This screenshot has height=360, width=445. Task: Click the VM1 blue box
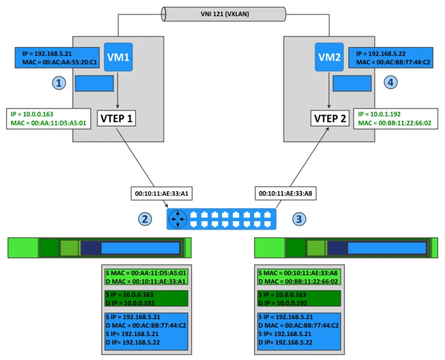(x=117, y=57)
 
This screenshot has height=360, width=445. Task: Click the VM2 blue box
(x=329, y=57)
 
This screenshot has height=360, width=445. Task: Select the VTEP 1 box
(x=117, y=118)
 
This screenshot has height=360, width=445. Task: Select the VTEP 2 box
(x=330, y=118)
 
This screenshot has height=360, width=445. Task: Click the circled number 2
(x=145, y=220)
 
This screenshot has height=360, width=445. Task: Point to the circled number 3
(x=299, y=220)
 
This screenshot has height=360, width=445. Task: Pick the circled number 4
(x=391, y=83)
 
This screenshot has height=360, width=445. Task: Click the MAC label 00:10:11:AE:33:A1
(x=159, y=193)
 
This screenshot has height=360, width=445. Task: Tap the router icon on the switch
(x=178, y=220)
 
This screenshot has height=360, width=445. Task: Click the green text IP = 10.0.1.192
(x=379, y=115)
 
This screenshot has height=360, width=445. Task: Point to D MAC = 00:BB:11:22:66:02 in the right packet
(x=299, y=281)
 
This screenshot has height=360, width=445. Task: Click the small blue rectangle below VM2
(x=352, y=83)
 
